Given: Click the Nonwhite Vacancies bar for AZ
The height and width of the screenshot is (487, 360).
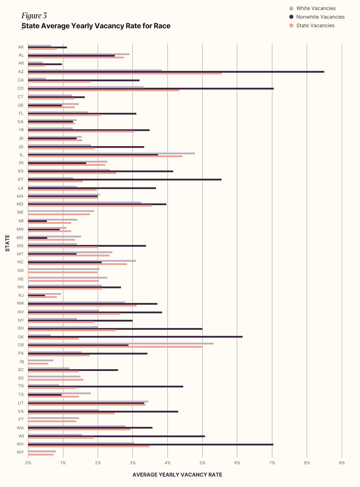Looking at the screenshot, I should pos(175,72).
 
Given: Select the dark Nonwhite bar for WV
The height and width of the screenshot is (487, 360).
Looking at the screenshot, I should pos(150,444).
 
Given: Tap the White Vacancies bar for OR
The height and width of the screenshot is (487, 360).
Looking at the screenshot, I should pos(121,343).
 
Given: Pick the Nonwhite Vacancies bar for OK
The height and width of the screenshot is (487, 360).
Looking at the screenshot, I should pos(135,337).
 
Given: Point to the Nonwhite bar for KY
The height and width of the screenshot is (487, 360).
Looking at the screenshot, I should pos(125,179).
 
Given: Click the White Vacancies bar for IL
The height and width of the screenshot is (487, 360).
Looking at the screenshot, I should pos(111,153).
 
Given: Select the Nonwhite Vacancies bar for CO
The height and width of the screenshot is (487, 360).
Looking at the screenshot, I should pos(150,88).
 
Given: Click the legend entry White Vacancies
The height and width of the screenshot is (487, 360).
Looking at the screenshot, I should pos(316,8).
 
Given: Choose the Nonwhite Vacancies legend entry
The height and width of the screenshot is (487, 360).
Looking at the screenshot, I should pos(320,17).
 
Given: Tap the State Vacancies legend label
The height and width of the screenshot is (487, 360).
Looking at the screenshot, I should pos(315,25).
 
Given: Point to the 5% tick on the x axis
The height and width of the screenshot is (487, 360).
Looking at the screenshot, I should pos(203,463).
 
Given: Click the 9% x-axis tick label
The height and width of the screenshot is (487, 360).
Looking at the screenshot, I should pos(342,463).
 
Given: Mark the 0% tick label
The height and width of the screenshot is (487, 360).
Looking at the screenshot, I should pos(28,463).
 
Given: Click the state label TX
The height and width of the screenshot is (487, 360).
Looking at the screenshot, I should pos(21,395).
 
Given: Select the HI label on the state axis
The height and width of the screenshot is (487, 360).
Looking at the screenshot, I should pos(21,130).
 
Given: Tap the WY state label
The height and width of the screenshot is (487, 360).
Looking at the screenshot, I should pos(20,452).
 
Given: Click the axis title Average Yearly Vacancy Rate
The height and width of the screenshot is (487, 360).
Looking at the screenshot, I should pos(177,475).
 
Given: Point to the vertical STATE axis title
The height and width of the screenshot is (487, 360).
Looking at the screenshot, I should pos(8,243).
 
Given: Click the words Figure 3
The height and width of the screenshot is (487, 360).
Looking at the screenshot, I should pos(34,15).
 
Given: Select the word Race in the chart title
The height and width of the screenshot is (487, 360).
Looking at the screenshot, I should pos(162,26).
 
